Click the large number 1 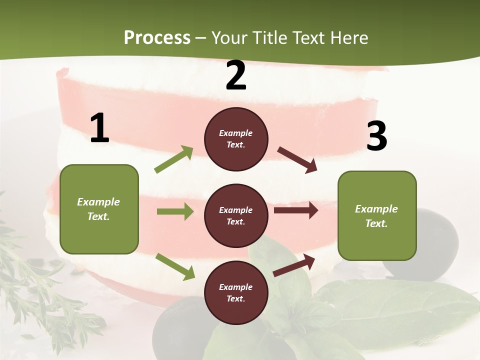[99, 128]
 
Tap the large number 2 [235, 76]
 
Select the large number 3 [376, 136]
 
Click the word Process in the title [157, 37]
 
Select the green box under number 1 [99, 209]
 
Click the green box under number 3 [377, 215]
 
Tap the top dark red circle [236, 139]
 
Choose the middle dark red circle [236, 215]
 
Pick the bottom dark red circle [236, 292]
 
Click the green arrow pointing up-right [174, 159]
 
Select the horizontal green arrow [175, 211]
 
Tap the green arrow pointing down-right [175, 266]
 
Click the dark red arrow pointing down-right [297, 160]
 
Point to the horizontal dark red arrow [296, 210]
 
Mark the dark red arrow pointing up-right [294, 265]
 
